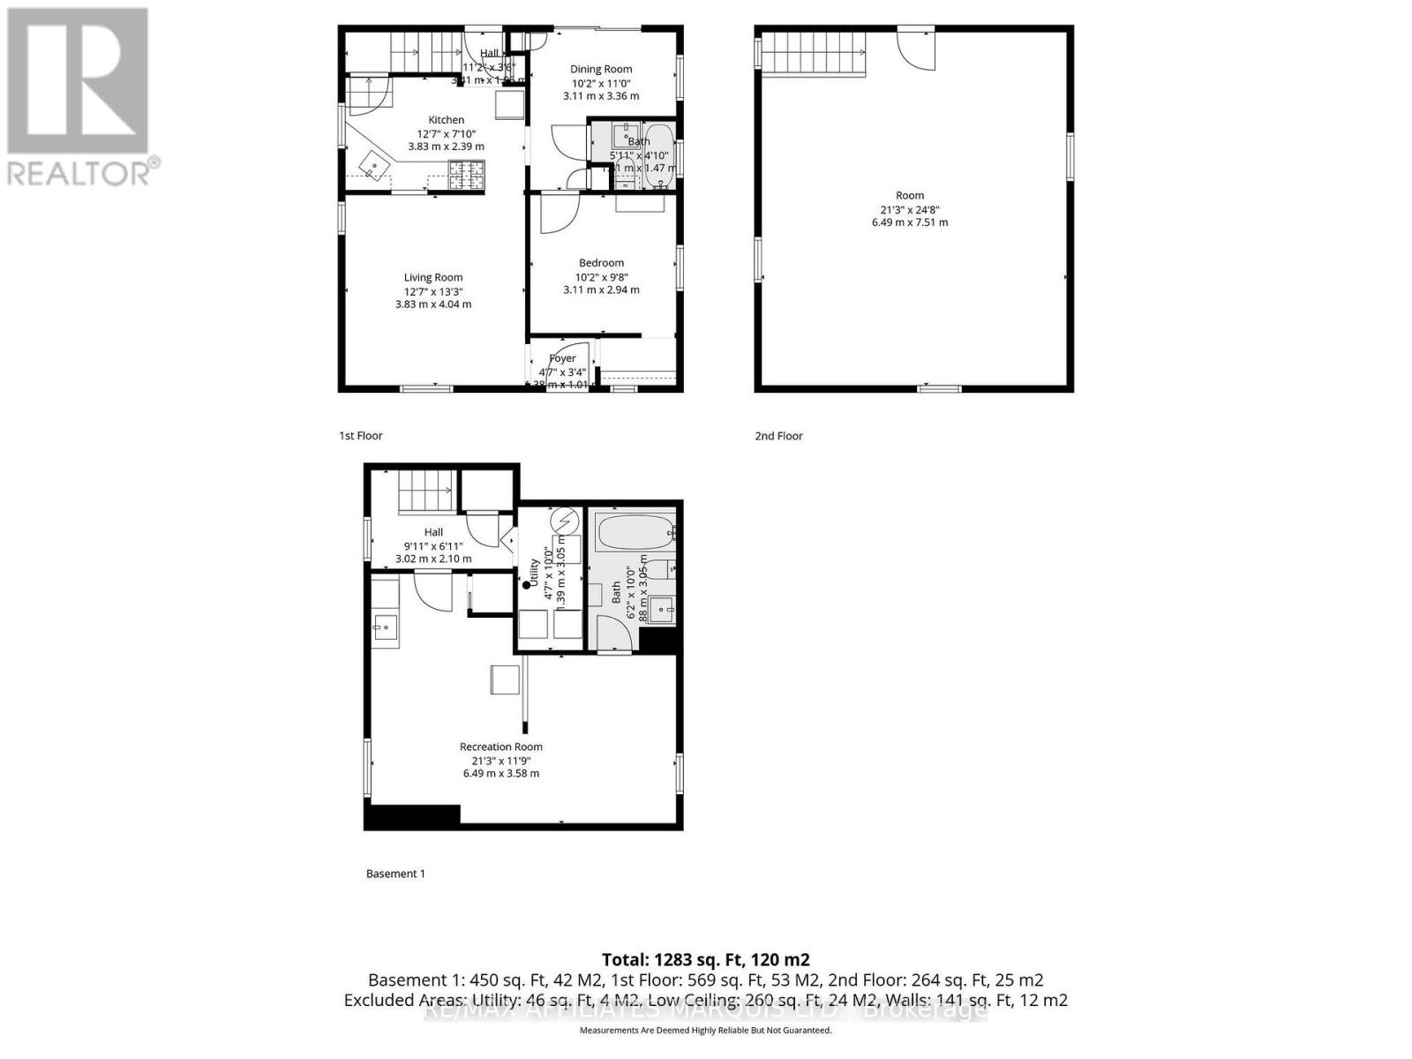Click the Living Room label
point(433,277)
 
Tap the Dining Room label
point(601,69)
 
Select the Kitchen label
point(446,120)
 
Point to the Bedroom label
point(601,263)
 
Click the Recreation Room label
point(500,747)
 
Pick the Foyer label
point(562,358)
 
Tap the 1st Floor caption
point(361,435)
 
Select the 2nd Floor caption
point(778,435)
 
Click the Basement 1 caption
point(395,874)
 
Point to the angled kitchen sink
point(375,165)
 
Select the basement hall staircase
point(426,492)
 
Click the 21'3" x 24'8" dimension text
point(910,209)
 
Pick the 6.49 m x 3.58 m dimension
point(500,773)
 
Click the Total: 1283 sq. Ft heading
point(705,959)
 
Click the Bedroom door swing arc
point(559,214)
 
